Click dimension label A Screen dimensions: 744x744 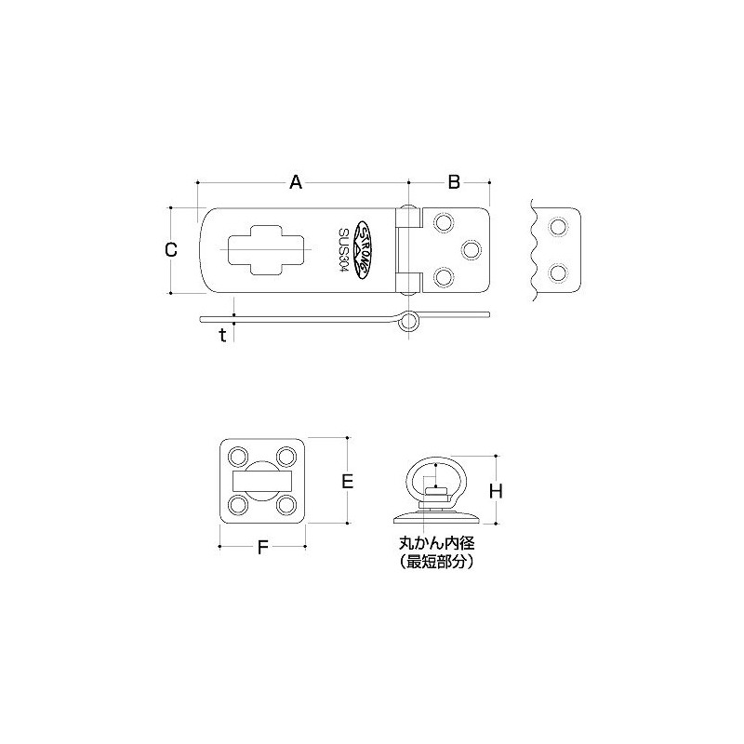coord(296,182)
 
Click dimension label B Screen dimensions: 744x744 coord(454,182)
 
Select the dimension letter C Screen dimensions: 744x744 coord(170,249)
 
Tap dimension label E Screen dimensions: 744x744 coord(347,481)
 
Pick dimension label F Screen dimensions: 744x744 coord(262,548)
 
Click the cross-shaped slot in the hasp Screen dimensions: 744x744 coord(265,249)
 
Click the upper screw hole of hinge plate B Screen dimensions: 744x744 coord(444,221)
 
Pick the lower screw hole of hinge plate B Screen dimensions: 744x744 coord(444,277)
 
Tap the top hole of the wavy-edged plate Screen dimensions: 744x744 coord(558,226)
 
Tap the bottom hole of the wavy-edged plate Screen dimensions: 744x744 coord(558,273)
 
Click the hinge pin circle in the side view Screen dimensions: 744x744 coord(408,322)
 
